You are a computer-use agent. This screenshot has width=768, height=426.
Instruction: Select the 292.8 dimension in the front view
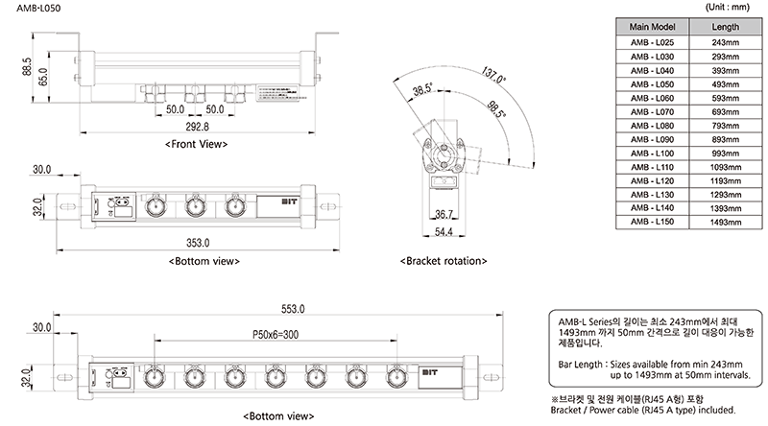[x=196, y=126]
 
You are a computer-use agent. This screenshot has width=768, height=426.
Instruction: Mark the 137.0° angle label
[x=492, y=75]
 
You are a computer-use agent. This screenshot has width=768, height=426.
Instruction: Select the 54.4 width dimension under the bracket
[x=443, y=232]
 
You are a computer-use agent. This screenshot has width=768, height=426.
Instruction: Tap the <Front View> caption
[x=196, y=144]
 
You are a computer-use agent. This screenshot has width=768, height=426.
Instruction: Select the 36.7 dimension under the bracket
[x=443, y=213]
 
